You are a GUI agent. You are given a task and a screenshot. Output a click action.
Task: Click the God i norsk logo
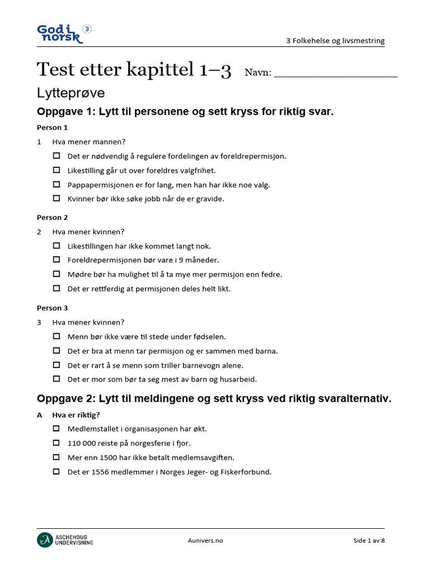[x=62, y=34]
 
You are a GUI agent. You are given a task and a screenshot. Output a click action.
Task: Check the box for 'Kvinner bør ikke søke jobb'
[x=57, y=198]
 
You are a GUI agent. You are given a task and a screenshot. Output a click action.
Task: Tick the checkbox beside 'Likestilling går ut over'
[x=57, y=170]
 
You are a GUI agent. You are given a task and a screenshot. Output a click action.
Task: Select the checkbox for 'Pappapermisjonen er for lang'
[x=57, y=184]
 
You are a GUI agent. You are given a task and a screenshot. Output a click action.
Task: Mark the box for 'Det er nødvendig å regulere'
[x=57, y=156]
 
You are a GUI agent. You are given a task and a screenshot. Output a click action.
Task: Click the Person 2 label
[x=52, y=218]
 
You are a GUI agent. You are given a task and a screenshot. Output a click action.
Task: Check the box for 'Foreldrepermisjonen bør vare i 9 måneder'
[x=57, y=260]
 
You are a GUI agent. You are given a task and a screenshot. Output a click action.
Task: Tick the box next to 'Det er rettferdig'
[x=57, y=288]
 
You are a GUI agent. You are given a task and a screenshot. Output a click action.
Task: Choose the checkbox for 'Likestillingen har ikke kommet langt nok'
[x=57, y=246]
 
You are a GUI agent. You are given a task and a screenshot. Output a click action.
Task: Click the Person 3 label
[x=52, y=308]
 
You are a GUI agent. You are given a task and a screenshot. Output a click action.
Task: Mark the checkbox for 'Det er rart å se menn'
[x=57, y=365]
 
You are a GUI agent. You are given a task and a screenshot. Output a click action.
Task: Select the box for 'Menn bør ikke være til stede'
[x=57, y=336]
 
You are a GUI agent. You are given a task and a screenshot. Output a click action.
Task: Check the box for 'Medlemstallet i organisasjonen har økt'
[x=57, y=429]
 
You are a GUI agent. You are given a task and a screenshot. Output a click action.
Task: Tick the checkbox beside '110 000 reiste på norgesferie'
[x=57, y=443]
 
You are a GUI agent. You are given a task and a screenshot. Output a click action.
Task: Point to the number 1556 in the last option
[x=97, y=472]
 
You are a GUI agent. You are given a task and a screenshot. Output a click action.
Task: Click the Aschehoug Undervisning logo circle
[x=44, y=540]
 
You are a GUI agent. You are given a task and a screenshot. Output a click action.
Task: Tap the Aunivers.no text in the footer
[x=205, y=541]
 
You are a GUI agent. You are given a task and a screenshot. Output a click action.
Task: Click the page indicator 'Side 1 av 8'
[x=369, y=541]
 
